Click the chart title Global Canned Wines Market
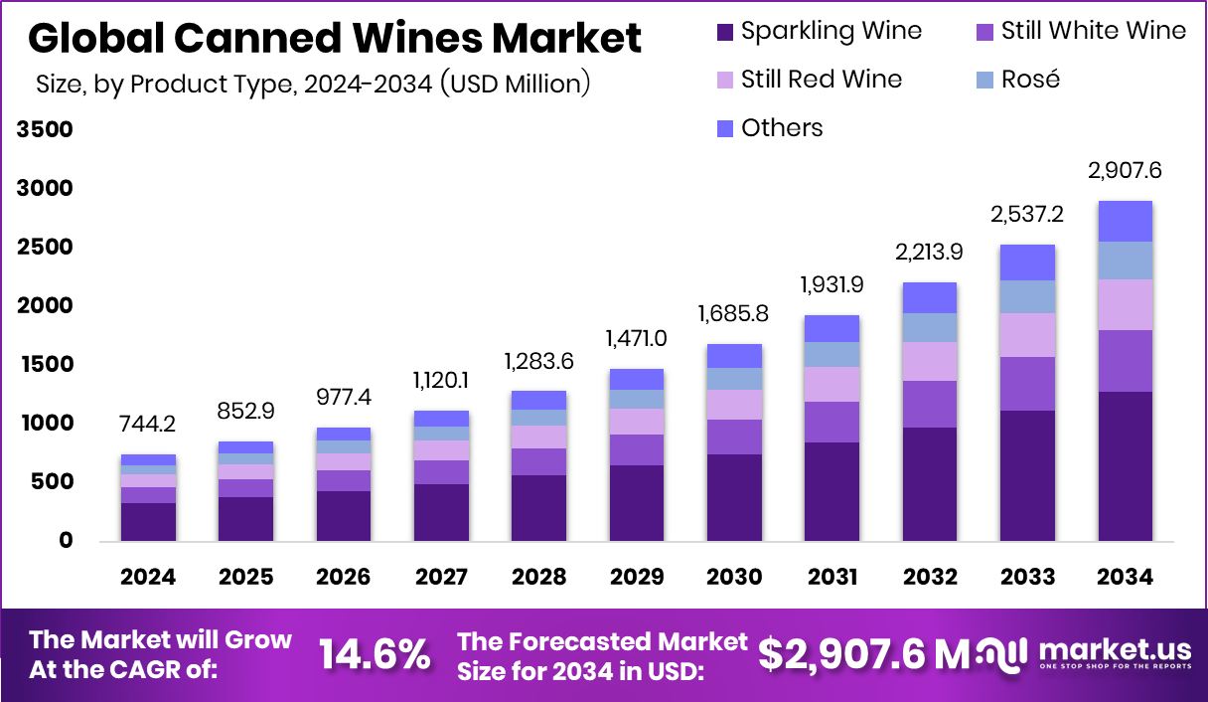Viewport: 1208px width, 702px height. (x=335, y=39)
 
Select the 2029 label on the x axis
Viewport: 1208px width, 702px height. (x=636, y=578)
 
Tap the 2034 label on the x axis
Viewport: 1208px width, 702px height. (x=1125, y=578)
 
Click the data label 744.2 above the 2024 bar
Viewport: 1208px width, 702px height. (x=148, y=425)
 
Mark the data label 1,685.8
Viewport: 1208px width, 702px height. (x=734, y=315)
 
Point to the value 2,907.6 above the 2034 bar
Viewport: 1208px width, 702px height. (x=1125, y=171)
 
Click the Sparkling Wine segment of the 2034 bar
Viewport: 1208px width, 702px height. (x=1125, y=465)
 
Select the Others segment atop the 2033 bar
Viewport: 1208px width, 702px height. (x=1027, y=263)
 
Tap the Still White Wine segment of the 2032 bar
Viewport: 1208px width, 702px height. (x=930, y=404)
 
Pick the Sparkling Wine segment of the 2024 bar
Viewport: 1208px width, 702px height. (x=148, y=521)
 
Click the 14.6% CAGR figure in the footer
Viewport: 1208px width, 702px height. (x=375, y=654)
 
